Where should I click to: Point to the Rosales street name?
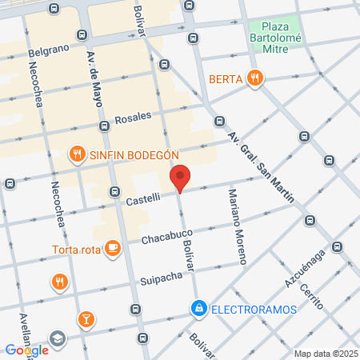tap(133, 118)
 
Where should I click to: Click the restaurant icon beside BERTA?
tap(255, 78)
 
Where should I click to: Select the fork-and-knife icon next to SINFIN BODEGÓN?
tap(77, 154)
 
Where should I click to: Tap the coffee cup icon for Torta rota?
tap(113, 248)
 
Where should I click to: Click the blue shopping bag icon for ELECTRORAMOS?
tap(198, 307)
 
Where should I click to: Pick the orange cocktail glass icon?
tap(86, 320)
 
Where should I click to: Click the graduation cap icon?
tap(57, 339)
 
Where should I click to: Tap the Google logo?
tap(26, 350)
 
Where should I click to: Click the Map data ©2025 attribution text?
tap(326, 354)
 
